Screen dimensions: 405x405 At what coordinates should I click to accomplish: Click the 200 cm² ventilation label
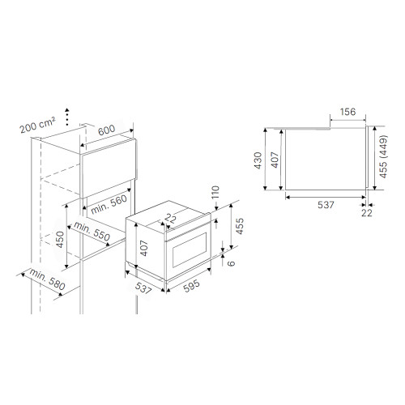click(37, 125)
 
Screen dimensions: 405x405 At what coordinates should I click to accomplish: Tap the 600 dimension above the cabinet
click(106, 130)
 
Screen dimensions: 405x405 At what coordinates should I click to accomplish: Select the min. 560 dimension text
click(109, 204)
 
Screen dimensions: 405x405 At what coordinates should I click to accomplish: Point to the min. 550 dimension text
click(92, 232)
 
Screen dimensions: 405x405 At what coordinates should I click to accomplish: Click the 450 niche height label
click(60, 240)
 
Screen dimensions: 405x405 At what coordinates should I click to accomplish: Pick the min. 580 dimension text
click(47, 279)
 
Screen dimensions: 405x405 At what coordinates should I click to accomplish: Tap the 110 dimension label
click(215, 193)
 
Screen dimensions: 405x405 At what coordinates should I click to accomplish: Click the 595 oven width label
click(191, 286)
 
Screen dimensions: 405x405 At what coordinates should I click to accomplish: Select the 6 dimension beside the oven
click(231, 263)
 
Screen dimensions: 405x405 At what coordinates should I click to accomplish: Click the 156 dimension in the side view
click(347, 112)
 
